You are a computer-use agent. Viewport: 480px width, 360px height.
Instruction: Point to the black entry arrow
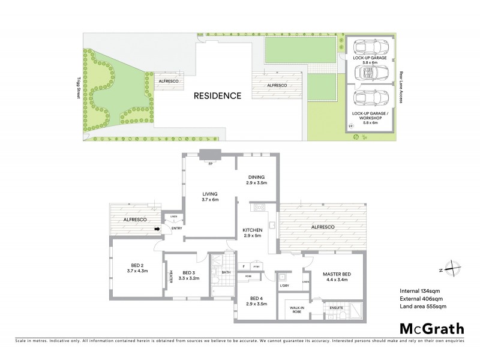click(158, 229)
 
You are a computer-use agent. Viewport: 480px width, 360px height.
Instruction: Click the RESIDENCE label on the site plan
click(217, 95)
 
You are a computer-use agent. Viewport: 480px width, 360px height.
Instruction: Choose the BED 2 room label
click(137, 268)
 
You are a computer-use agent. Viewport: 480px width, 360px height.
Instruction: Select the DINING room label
click(257, 179)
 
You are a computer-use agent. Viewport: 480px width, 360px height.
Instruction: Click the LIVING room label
click(209, 195)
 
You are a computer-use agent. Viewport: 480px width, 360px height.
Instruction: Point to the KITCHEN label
click(251, 233)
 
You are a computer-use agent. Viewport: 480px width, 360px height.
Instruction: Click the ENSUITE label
click(336, 308)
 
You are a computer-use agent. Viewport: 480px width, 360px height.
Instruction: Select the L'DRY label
click(284, 285)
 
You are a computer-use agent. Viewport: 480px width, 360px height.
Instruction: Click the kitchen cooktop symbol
click(260, 208)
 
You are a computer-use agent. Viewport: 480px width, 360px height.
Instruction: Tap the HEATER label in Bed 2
click(170, 277)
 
